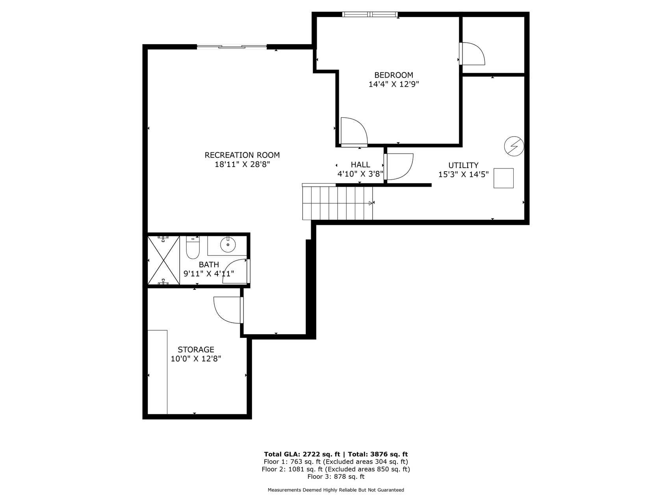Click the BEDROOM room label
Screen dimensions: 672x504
[x=394, y=75]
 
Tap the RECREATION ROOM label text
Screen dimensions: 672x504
[x=242, y=155]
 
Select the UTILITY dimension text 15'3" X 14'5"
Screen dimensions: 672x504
[x=464, y=174]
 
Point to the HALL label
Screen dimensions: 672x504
[x=360, y=165]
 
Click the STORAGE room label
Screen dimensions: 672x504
[x=196, y=350]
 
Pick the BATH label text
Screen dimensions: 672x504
[x=209, y=265]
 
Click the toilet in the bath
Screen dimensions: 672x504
[x=193, y=248]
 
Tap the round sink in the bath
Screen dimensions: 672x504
[x=228, y=245]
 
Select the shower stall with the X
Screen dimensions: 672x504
[x=163, y=260]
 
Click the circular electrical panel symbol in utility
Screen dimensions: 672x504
[x=514, y=146]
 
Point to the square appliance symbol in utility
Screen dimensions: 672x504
[x=504, y=178]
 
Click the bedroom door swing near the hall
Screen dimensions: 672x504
[x=354, y=132]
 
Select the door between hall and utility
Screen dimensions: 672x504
[x=399, y=167]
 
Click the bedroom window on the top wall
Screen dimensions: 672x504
[x=370, y=15]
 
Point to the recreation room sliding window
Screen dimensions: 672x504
[x=232, y=47]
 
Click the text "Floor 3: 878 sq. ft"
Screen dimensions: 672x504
[x=336, y=477]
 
